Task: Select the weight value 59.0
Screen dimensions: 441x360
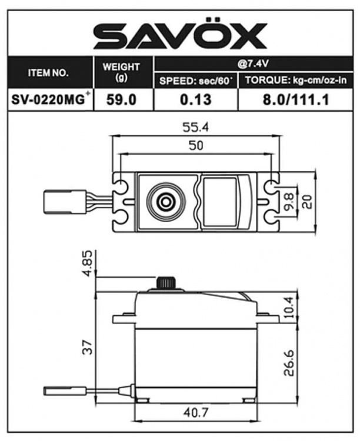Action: [124, 100]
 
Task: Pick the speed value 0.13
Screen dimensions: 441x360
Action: [195, 100]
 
